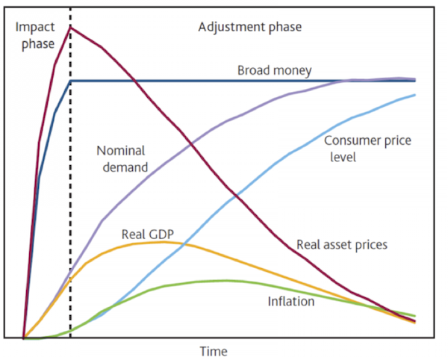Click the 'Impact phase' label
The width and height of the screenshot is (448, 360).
tap(35, 35)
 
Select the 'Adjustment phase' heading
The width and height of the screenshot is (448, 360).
tap(250, 28)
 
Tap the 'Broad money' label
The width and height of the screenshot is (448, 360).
tap(275, 70)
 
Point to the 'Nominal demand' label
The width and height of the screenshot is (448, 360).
tap(122, 159)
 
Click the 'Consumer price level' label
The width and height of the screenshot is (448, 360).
tap(367, 149)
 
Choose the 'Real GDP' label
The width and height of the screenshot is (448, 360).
tap(148, 235)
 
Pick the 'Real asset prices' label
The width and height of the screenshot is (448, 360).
tap(342, 245)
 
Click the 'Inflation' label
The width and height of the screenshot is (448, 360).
tap(291, 302)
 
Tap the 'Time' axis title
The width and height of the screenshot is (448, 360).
tap(214, 351)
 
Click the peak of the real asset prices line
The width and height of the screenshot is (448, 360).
tap(71, 28)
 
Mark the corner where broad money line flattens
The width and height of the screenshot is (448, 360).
tap(71, 81)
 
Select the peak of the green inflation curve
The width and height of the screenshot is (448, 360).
tap(225, 281)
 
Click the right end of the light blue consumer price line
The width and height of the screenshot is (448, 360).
tap(415, 95)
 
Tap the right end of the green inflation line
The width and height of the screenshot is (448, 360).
tap(415, 316)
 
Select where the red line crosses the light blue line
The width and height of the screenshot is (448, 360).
tap(236, 196)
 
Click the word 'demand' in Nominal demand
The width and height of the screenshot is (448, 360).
tap(125, 167)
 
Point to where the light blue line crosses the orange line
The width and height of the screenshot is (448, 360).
tap(184, 244)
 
